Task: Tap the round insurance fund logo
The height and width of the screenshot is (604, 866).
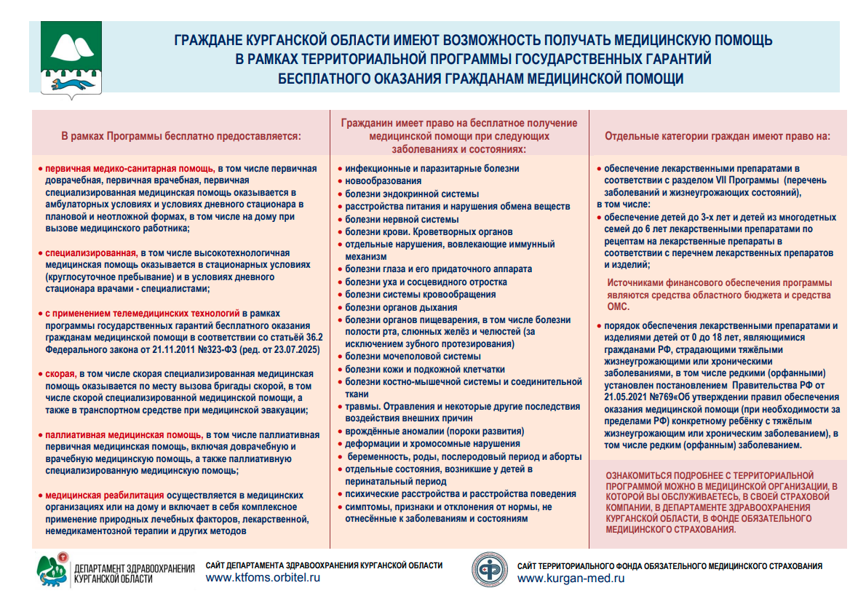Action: pyautogui.click(x=490, y=571)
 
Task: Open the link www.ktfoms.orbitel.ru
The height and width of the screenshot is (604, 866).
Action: pyautogui.click(x=263, y=578)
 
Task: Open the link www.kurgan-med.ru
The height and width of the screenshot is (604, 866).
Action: pyautogui.click(x=571, y=579)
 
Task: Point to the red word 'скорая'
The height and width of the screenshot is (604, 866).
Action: pyautogui.click(x=58, y=373)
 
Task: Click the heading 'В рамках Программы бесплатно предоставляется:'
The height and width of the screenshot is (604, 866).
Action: pyautogui.click(x=180, y=135)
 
